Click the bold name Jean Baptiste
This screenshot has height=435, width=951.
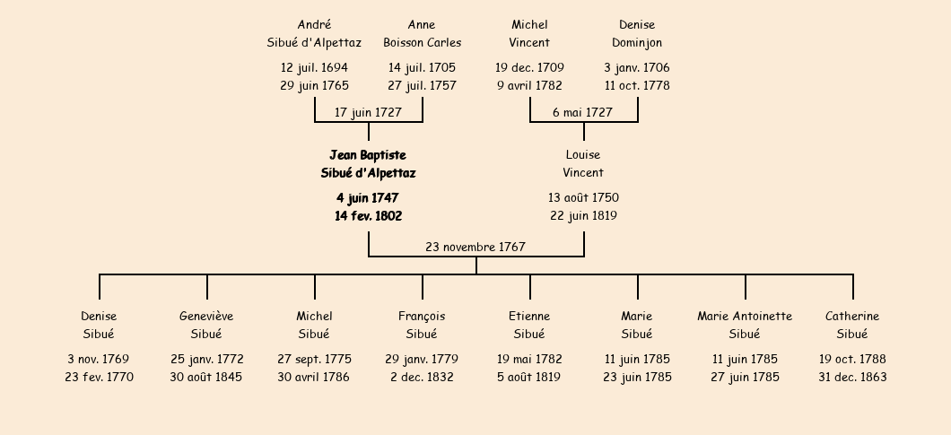[368, 155]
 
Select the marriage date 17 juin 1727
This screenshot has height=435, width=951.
[368, 112]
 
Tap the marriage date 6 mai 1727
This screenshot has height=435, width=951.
[582, 112]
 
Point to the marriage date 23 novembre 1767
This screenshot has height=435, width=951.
[475, 247]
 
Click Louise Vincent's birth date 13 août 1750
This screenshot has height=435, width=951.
[583, 198]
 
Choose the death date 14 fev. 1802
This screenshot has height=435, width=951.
[368, 216]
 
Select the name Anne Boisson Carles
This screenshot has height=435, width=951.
[423, 34]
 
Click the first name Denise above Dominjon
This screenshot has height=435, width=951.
[637, 25]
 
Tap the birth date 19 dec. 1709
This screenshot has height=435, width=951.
[529, 68]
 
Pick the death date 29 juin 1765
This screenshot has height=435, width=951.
[314, 85]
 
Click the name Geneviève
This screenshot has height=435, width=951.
[206, 316]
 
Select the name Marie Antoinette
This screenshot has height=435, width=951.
[745, 316]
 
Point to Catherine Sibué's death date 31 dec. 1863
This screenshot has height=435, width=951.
[852, 378]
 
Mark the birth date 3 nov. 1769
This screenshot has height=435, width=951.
[99, 359]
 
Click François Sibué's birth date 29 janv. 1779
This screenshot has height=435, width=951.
[422, 359]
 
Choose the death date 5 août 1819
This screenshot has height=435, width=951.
[529, 378]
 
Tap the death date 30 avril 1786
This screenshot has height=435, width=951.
[314, 378]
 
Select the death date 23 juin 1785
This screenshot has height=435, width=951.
[637, 378]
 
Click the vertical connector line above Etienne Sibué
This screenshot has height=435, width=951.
[530, 286]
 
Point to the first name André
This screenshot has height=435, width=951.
[314, 25]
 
